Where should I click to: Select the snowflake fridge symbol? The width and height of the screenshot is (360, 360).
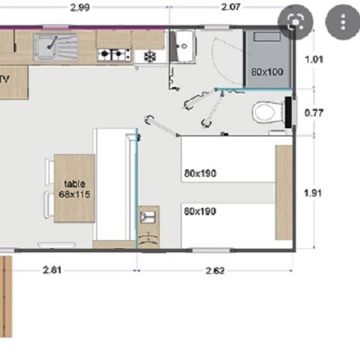click(x=149, y=55)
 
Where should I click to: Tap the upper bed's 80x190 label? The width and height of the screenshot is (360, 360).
click(x=199, y=173)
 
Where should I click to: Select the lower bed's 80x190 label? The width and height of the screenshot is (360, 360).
click(x=199, y=211)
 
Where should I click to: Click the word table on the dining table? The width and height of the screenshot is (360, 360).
click(x=74, y=184)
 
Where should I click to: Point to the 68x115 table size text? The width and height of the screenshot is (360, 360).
click(x=74, y=193)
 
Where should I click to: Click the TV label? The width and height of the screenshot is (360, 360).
click(x=4, y=78)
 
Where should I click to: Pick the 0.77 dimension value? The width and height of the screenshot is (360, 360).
click(x=315, y=114)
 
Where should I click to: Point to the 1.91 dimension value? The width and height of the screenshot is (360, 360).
click(x=315, y=193)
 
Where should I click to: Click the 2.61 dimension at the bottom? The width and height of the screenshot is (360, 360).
click(x=52, y=270)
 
